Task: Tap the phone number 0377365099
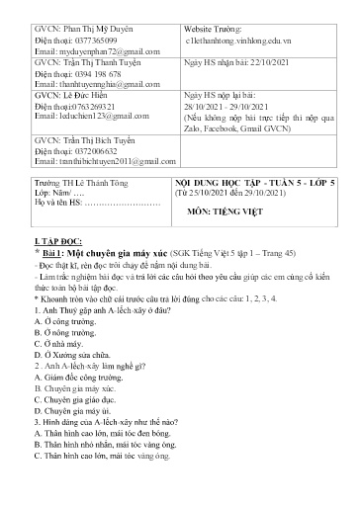92,35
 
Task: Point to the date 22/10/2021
280,61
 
